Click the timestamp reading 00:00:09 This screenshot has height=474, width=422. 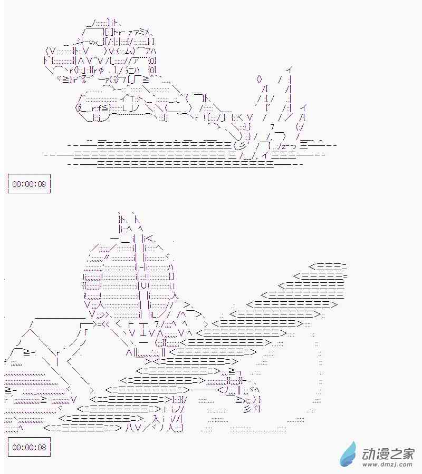[29, 184]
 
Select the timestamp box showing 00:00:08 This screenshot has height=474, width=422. [29, 447]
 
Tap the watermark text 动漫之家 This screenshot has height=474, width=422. [388, 454]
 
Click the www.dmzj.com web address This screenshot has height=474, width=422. [388, 463]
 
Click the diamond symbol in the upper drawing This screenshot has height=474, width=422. [259, 80]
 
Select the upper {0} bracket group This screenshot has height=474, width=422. [152, 60]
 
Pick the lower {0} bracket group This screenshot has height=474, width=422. [152, 70]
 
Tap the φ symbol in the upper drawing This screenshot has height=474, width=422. [101, 70]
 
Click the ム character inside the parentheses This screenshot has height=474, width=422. [128, 51]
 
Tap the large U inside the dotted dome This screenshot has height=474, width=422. [144, 285]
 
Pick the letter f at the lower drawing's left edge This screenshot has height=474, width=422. [6, 362]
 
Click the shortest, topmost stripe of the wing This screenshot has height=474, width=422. [328, 266]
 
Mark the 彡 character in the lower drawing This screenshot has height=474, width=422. [247, 409]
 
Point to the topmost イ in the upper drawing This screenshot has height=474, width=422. [289, 70]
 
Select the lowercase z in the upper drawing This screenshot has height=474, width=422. [283, 146]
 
